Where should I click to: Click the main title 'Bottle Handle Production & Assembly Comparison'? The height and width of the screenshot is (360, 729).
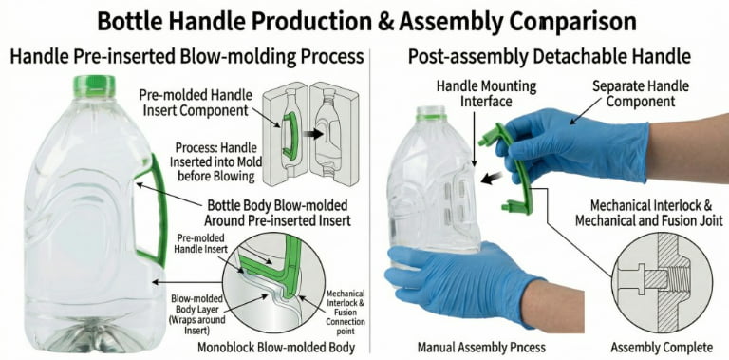pos(364,19)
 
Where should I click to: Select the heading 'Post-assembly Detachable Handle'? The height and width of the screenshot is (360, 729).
pos(549,56)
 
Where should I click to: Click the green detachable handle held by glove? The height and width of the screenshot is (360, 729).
pos(513,171)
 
